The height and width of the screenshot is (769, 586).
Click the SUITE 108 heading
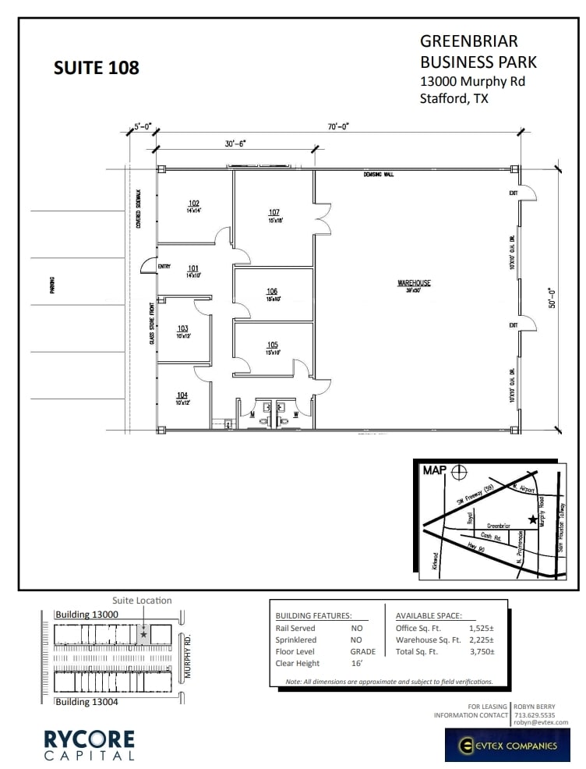coord(96,68)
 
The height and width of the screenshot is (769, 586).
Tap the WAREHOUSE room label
coord(414,283)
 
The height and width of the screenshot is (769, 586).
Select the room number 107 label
coord(274,212)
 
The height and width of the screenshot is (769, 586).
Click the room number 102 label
coord(193,204)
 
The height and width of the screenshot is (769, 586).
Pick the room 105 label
coord(272,345)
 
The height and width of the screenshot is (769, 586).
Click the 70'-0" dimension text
coord(338,126)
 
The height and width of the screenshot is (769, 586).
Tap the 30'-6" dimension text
coord(235,144)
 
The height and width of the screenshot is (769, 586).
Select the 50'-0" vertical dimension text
coord(552,297)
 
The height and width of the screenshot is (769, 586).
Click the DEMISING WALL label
coord(378,175)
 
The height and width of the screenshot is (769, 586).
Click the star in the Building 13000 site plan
coord(143,635)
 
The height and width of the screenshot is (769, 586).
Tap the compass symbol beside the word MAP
coord(461,472)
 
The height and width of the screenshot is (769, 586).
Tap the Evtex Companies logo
coord(507,745)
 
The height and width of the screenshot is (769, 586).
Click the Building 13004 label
coord(86,702)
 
